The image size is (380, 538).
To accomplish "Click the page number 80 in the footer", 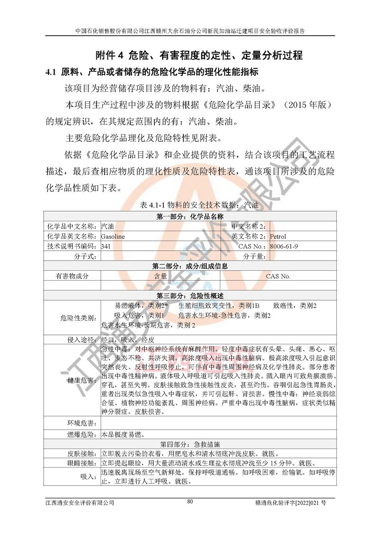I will (190, 501).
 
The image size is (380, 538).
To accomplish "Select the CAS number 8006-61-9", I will (284, 246).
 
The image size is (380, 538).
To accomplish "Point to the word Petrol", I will (278, 236).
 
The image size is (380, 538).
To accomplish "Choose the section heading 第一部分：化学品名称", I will (190, 217).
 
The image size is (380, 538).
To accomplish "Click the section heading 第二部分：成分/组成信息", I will (190, 266).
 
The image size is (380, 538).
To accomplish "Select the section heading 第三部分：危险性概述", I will (190, 295).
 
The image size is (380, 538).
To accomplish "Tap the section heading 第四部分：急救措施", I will (190, 444).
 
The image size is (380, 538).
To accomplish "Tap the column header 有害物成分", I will (72, 276).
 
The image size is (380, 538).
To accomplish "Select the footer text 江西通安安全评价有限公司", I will (80, 502).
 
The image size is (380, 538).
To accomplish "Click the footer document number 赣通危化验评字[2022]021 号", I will (294, 502).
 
